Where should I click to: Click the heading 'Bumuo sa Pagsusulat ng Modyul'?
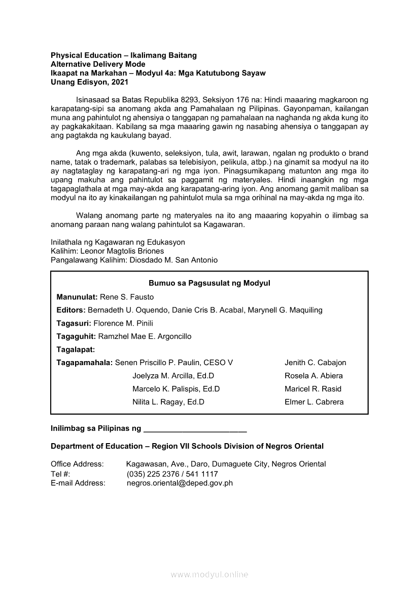coord(209,283)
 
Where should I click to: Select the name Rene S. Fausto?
coord(126,297)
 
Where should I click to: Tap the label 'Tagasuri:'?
coord(74,323)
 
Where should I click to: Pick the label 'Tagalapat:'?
coord(76,349)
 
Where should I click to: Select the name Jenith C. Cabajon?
coord(315,363)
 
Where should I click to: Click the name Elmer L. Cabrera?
coord(314,402)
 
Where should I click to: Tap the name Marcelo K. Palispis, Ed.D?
coord(176,389)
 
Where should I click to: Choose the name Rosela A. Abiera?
coord(313,376)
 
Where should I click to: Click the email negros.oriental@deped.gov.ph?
coord(180,483)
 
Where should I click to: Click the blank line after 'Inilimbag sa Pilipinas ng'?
coord(195,429)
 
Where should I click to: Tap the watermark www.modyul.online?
coord(209,575)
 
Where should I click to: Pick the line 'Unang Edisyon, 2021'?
coord(86,82)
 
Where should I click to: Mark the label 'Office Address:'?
coord(77,464)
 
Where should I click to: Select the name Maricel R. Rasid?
coord(313,389)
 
